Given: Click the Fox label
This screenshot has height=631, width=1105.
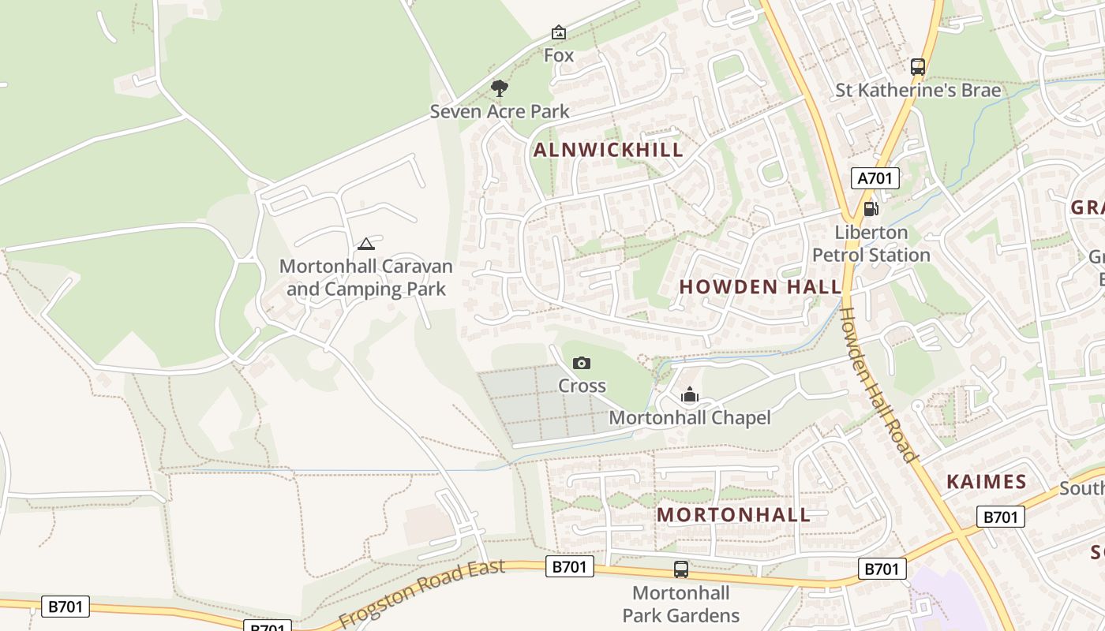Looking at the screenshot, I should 559,56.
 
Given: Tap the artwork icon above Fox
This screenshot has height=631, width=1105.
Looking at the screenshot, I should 559,32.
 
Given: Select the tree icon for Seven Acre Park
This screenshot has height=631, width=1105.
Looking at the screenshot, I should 499,88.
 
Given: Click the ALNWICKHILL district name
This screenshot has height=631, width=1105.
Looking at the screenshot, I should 608,150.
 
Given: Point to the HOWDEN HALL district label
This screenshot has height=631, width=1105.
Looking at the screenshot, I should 760,287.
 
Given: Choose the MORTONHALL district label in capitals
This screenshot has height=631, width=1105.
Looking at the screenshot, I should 733,515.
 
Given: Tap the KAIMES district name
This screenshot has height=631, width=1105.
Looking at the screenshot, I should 986,482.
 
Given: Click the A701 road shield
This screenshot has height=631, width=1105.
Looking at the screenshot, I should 875,178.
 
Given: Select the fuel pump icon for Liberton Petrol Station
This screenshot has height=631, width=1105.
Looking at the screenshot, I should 871,209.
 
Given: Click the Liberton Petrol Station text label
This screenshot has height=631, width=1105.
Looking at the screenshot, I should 871,244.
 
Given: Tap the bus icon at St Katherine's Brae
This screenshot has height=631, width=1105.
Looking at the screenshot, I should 917,67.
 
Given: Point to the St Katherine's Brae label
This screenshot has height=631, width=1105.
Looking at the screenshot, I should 918,91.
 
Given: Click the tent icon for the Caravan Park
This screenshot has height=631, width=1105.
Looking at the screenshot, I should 365,244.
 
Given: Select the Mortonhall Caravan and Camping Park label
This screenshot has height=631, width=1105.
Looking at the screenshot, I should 366,278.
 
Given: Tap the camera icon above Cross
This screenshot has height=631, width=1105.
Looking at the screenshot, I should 582,363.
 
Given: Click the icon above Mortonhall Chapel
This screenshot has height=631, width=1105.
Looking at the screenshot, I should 690,395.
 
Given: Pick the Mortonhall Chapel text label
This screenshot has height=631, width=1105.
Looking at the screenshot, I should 690,418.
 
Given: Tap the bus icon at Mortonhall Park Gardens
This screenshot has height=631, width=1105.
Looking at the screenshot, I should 680,569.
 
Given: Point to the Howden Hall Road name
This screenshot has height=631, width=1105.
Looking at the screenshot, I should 878,384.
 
